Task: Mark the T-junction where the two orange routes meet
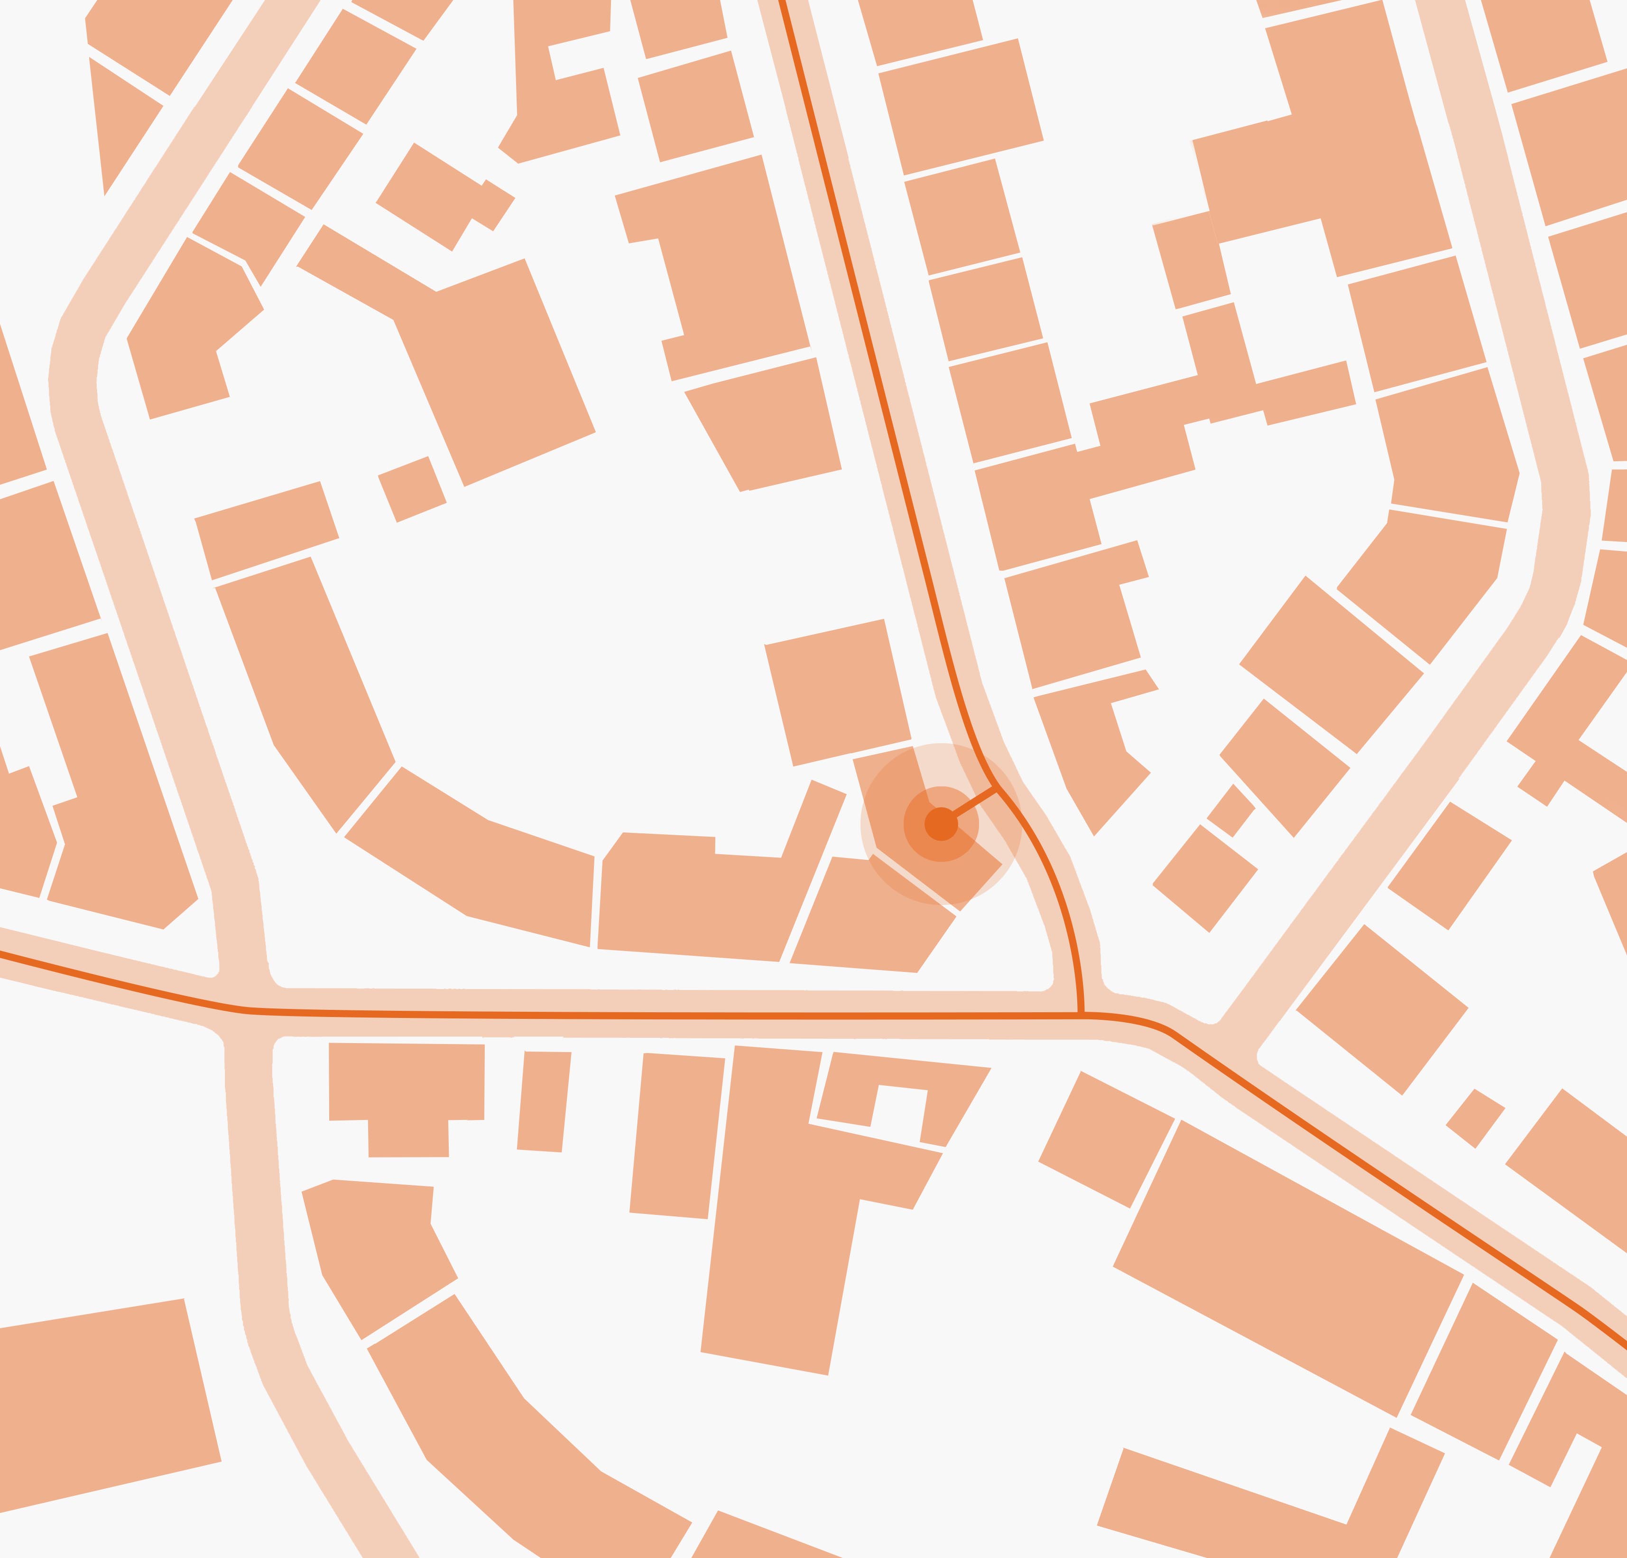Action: click(1081, 1014)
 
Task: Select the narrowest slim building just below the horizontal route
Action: click(544, 1101)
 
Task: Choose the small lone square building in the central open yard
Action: click(412, 489)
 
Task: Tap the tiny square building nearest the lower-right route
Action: click(1475, 1118)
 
